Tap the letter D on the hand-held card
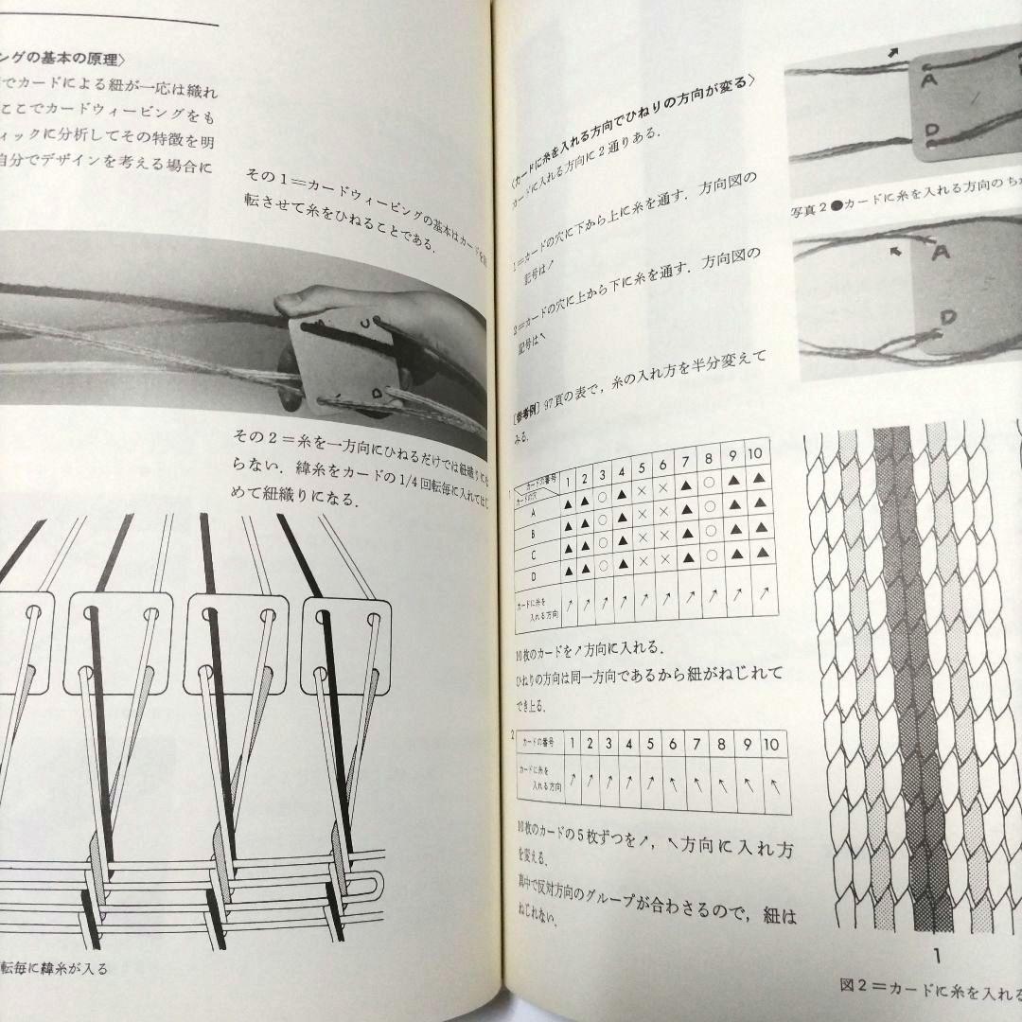tap(375, 390)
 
